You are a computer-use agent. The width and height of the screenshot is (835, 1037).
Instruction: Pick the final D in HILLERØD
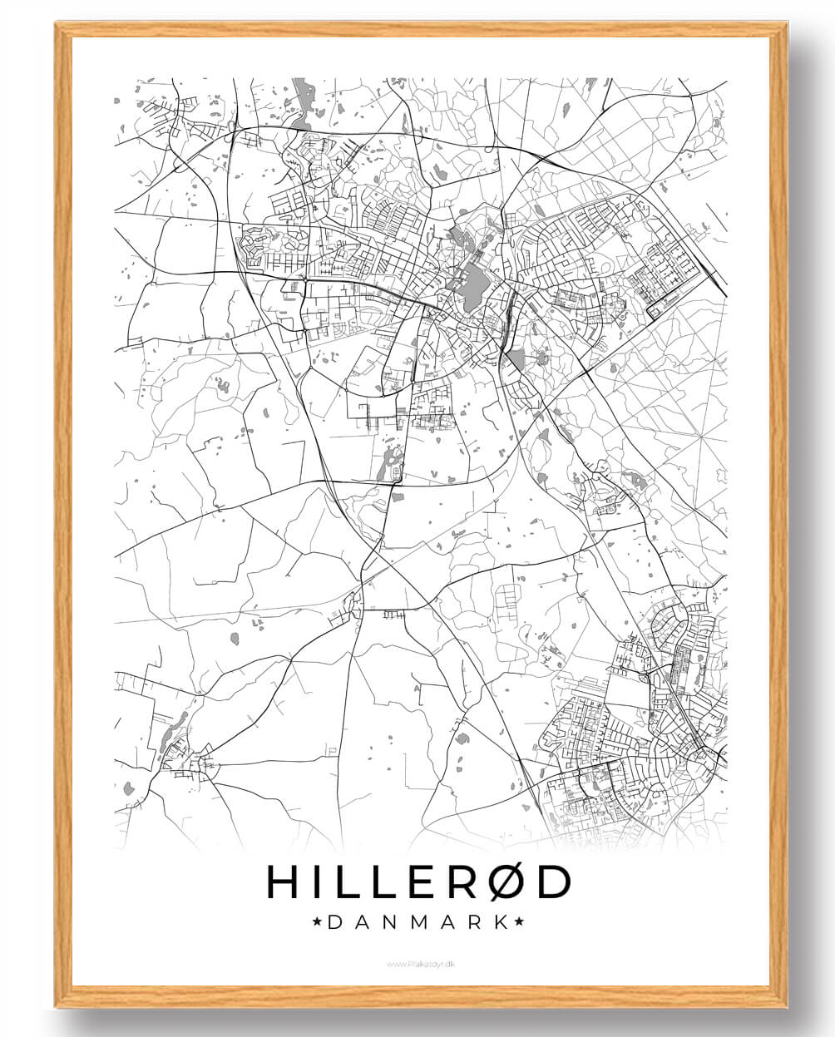click(553, 882)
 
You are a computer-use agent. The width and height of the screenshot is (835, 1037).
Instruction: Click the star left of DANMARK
click(316, 921)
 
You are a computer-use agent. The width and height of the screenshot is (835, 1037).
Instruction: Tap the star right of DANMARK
click(519, 921)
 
